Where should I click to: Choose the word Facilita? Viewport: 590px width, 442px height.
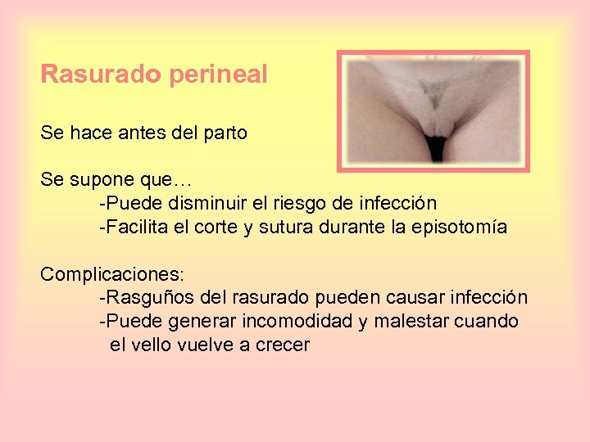click(x=136, y=227)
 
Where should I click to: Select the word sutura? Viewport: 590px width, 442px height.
click(x=283, y=227)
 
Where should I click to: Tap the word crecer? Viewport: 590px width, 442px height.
click(x=283, y=345)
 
